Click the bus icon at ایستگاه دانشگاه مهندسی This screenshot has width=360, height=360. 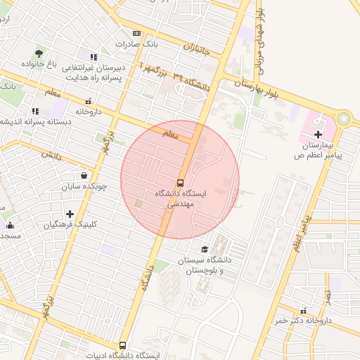(180, 181)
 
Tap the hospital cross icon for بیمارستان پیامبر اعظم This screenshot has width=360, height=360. (318, 134)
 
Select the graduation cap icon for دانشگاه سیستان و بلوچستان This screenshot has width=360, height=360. (205, 249)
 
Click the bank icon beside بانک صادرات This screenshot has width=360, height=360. (136, 33)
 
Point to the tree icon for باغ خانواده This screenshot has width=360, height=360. (38, 53)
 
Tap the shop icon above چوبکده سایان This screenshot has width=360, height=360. (84, 176)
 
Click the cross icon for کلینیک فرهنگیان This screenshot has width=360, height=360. (70, 214)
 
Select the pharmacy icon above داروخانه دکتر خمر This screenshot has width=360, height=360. (303, 310)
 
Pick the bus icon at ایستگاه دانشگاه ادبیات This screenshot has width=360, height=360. (123, 345)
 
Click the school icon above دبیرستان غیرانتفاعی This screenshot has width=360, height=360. (94, 56)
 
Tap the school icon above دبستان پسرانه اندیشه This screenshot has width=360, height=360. (35, 110)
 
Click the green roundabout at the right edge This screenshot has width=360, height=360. (343, 119)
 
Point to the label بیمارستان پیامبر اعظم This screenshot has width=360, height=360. (319, 148)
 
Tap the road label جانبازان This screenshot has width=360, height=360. (198, 49)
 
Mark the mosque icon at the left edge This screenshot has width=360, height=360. (10, 225)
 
